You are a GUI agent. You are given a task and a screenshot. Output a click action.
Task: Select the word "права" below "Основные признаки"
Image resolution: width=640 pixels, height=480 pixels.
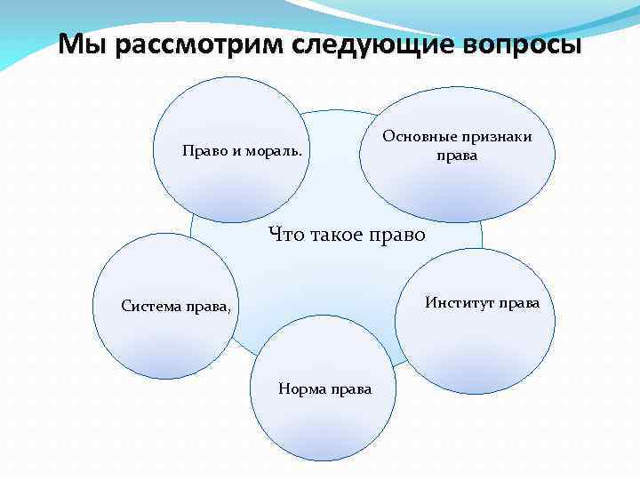(457, 156)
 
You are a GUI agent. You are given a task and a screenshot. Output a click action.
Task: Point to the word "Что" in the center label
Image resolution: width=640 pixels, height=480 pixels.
(284, 236)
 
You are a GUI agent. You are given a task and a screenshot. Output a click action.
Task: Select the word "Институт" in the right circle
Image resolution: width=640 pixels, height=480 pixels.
(460, 302)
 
